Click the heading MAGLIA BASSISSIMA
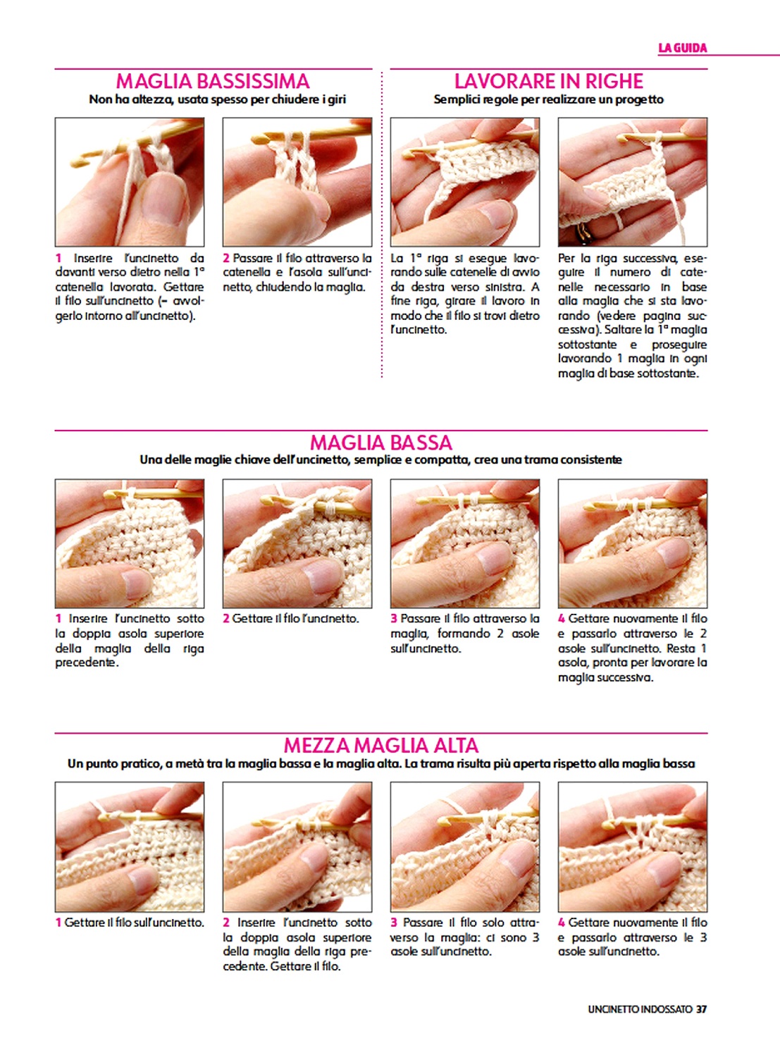213,81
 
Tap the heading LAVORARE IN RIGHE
549,81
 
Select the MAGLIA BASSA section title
381,443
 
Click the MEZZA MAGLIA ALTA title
381,746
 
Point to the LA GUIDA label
683,48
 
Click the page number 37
702,1009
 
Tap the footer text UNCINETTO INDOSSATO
640,1009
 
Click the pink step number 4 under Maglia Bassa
562,619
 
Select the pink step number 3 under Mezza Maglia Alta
394,923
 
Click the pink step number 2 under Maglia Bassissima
226,259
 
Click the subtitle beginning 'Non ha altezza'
218,99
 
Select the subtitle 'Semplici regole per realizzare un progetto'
549,99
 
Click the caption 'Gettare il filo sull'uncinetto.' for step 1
130,923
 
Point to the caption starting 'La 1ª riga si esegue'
464,294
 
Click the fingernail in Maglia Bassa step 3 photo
495,558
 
